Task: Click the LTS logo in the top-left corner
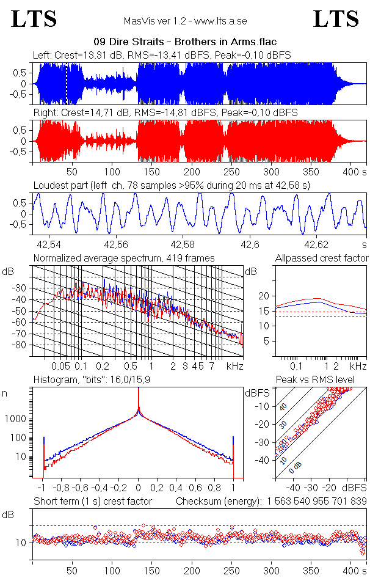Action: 34,19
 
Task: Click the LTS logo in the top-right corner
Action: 336,19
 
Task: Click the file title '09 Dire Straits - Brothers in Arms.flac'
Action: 185,42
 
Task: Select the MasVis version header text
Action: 185,21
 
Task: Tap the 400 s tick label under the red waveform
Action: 350,172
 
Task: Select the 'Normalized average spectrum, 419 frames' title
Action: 124,258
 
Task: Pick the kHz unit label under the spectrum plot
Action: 234,366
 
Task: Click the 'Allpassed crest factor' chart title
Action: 322,258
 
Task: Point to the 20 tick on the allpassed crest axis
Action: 264,296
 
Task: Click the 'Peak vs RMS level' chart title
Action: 324,381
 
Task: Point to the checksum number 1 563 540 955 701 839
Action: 316,502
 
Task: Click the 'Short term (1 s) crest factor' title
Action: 93,502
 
